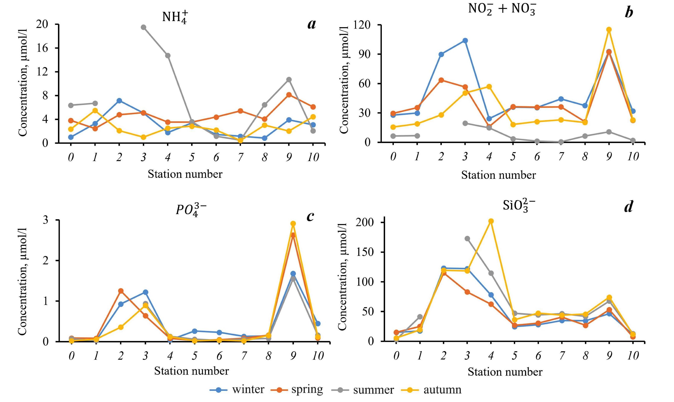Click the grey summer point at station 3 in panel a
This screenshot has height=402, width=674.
tap(144, 27)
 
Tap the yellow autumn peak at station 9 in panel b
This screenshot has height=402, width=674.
tap(609, 30)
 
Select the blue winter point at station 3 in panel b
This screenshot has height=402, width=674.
tap(465, 41)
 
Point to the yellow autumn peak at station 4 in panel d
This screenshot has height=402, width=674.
tap(491, 221)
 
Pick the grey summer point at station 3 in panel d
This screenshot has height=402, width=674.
tap(467, 239)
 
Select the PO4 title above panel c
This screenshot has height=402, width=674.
tap(191, 210)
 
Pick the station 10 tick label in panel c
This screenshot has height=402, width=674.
tap(318, 356)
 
